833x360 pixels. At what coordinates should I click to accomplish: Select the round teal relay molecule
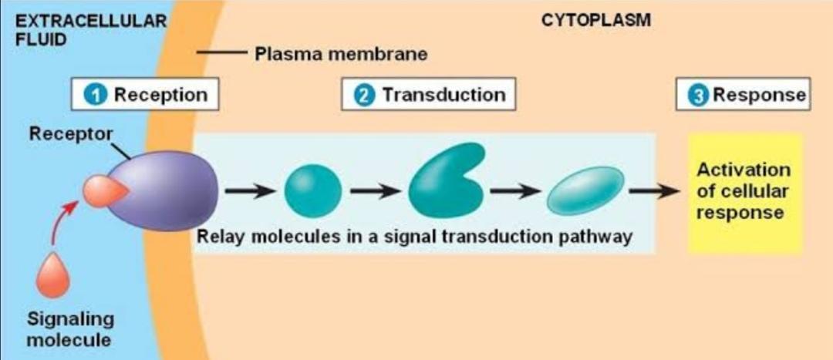tap(312, 191)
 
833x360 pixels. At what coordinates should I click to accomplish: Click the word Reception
tap(160, 95)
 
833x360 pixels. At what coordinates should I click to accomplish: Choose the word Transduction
tap(443, 95)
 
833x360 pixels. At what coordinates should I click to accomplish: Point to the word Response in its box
tap(759, 95)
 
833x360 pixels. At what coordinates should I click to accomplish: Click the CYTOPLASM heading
tap(595, 21)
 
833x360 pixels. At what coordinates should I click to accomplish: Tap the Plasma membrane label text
tap(340, 55)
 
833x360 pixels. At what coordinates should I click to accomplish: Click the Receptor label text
tap(71, 133)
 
